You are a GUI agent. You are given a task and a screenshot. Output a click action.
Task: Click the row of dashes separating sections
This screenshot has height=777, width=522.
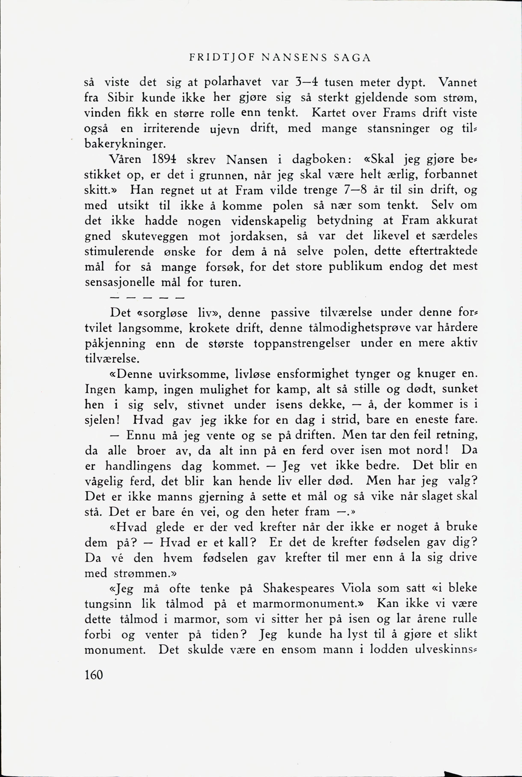click(x=147, y=296)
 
